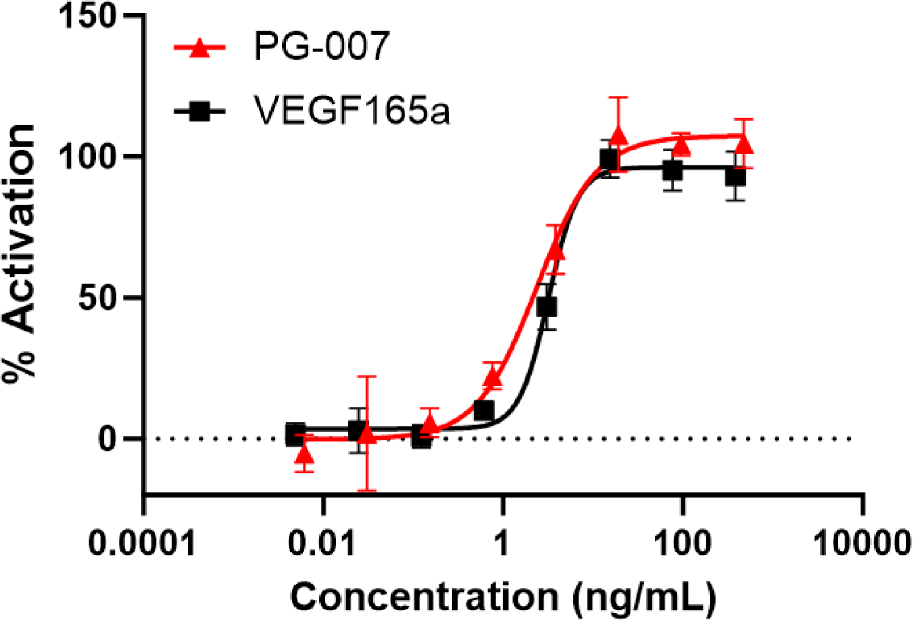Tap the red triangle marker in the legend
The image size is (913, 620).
pos(200,48)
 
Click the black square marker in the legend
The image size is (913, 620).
pos(200,111)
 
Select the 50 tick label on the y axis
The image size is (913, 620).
pos(97,298)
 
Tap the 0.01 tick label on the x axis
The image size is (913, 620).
pos(322,543)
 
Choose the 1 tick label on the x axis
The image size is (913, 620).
pos(502,543)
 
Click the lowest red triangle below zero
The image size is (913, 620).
pos(304,454)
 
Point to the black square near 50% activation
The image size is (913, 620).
pos(547,307)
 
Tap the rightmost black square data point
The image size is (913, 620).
pos(736,177)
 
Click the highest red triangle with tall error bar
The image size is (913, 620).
pos(618,135)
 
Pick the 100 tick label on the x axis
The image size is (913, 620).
pos(681,543)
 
